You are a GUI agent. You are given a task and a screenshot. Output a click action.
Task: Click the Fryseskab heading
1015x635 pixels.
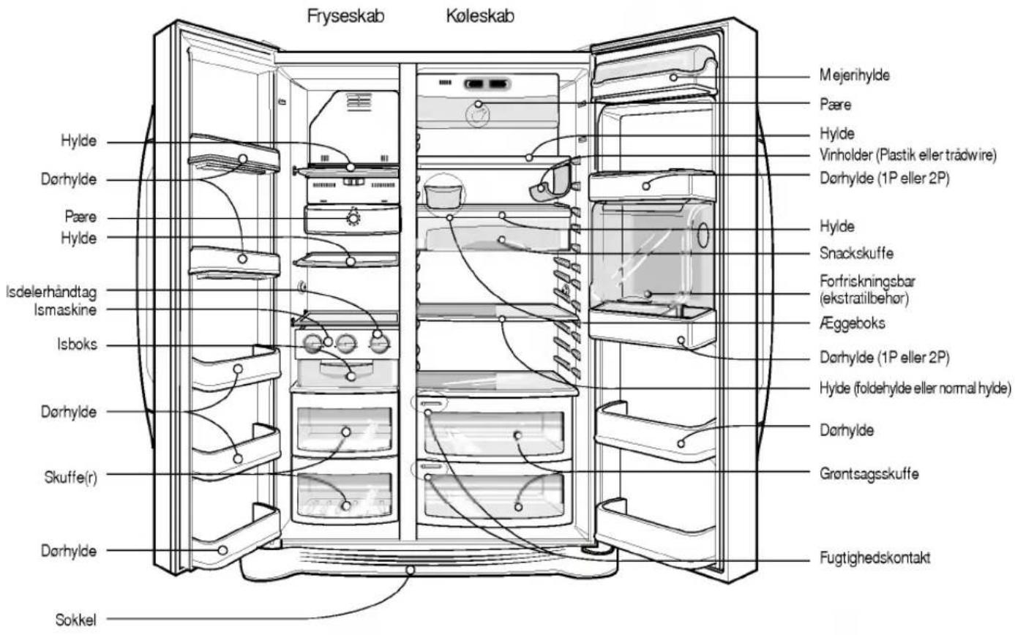pos(345,16)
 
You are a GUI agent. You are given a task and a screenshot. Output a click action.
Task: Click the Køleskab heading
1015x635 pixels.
pos(480,16)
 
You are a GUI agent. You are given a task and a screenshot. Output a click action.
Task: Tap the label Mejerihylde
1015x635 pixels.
pos(855,75)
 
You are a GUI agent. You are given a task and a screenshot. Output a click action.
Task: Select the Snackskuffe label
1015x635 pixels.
pos(856,253)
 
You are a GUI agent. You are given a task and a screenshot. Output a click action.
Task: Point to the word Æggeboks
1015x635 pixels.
pos(852,323)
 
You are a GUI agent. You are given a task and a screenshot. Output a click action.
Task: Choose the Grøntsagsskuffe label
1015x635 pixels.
pos(869,474)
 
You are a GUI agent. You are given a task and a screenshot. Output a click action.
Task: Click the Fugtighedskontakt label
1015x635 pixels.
pos(875,557)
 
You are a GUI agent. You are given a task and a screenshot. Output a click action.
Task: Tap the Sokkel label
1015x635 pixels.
pos(75,620)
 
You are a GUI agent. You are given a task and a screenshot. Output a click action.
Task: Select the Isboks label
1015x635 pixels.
pos(77,345)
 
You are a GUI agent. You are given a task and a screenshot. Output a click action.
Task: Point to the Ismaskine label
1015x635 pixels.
pos(65,310)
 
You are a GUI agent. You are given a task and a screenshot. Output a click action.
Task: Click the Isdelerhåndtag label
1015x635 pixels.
pos(51,292)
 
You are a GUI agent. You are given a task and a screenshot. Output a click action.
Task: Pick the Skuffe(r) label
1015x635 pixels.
pos(71,477)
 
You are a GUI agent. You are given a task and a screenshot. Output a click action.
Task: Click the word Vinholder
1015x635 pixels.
pos(846,155)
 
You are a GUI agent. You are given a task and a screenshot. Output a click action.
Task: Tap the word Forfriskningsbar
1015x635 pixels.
pos(867,282)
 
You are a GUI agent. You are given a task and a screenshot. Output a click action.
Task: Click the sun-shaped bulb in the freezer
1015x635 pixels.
pos(353,217)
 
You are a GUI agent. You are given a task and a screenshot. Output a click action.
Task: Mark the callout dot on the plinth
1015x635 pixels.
pos(410,570)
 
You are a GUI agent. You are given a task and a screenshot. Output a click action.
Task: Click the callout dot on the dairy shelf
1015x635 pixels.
pos(673,78)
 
